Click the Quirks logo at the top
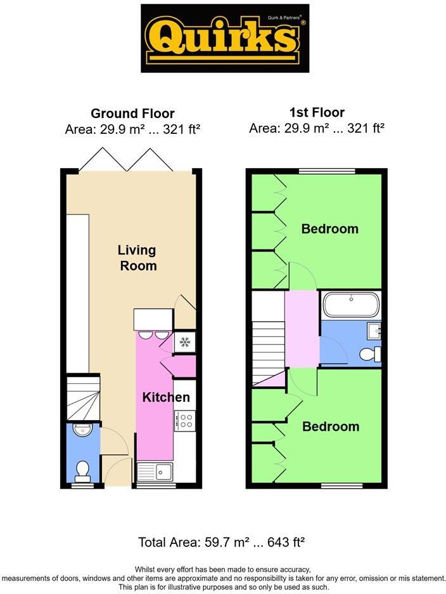pyautogui.click(x=224, y=39)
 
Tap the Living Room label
pyautogui.click(x=138, y=258)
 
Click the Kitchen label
pyautogui.click(x=166, y=398)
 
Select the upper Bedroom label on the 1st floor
pyautogui.click(x=329, y=228)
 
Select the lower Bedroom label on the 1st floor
pyautogui.click(x=330, y=426)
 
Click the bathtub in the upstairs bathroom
pyautogui.click(x=351, y=305)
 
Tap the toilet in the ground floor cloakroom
pyautogui.click(x=82, y=470)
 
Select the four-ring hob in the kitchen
pyautogui.click(x=184, y=419)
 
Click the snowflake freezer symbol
pyautogui.click(x=184, y=342)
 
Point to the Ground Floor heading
pyautogui.click(x=132, y=114)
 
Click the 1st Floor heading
pyautogui.click(x=317, y=112)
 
